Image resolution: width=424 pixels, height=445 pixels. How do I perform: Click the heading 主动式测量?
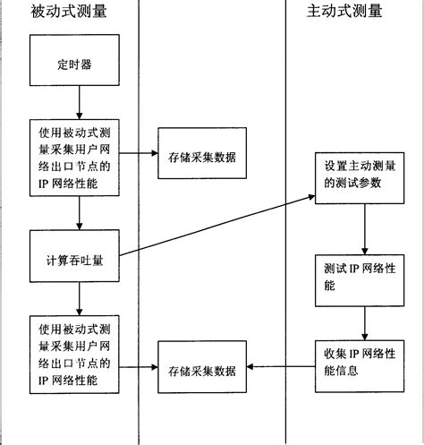pos(343,12)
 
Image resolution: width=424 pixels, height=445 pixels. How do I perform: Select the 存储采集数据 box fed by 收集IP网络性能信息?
pos(201,369)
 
